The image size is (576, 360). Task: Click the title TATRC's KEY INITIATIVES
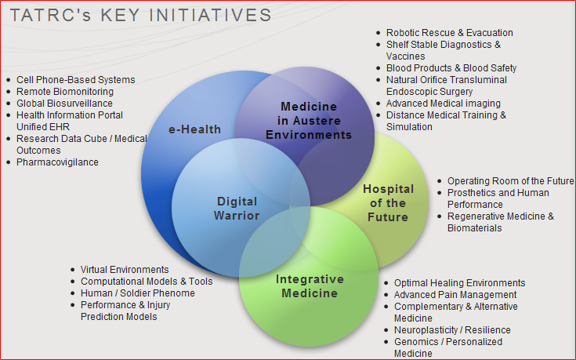coord(141,15)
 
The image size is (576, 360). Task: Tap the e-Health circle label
coord(194,129)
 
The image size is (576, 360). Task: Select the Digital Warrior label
coord(237,209)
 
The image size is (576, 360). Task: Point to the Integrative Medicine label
coord(310,286)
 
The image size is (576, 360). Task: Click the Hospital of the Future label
coord(386,203)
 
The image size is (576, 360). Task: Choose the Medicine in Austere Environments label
coord(309,120)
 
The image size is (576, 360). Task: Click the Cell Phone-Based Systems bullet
coord(75,80)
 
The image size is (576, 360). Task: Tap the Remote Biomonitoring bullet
coord(64,92)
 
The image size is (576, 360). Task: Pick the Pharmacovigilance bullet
coord(57,162)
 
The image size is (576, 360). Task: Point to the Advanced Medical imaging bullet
coord(443,104)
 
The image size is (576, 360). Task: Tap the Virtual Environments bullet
coord(125,270)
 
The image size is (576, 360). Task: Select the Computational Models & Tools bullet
coord(147,282)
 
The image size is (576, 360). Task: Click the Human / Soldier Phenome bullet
coord(138,293)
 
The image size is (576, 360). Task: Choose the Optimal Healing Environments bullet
coord(459,283)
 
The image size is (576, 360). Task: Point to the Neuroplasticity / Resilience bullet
coord(452,330)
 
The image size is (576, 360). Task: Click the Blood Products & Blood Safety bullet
coord(451,68)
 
